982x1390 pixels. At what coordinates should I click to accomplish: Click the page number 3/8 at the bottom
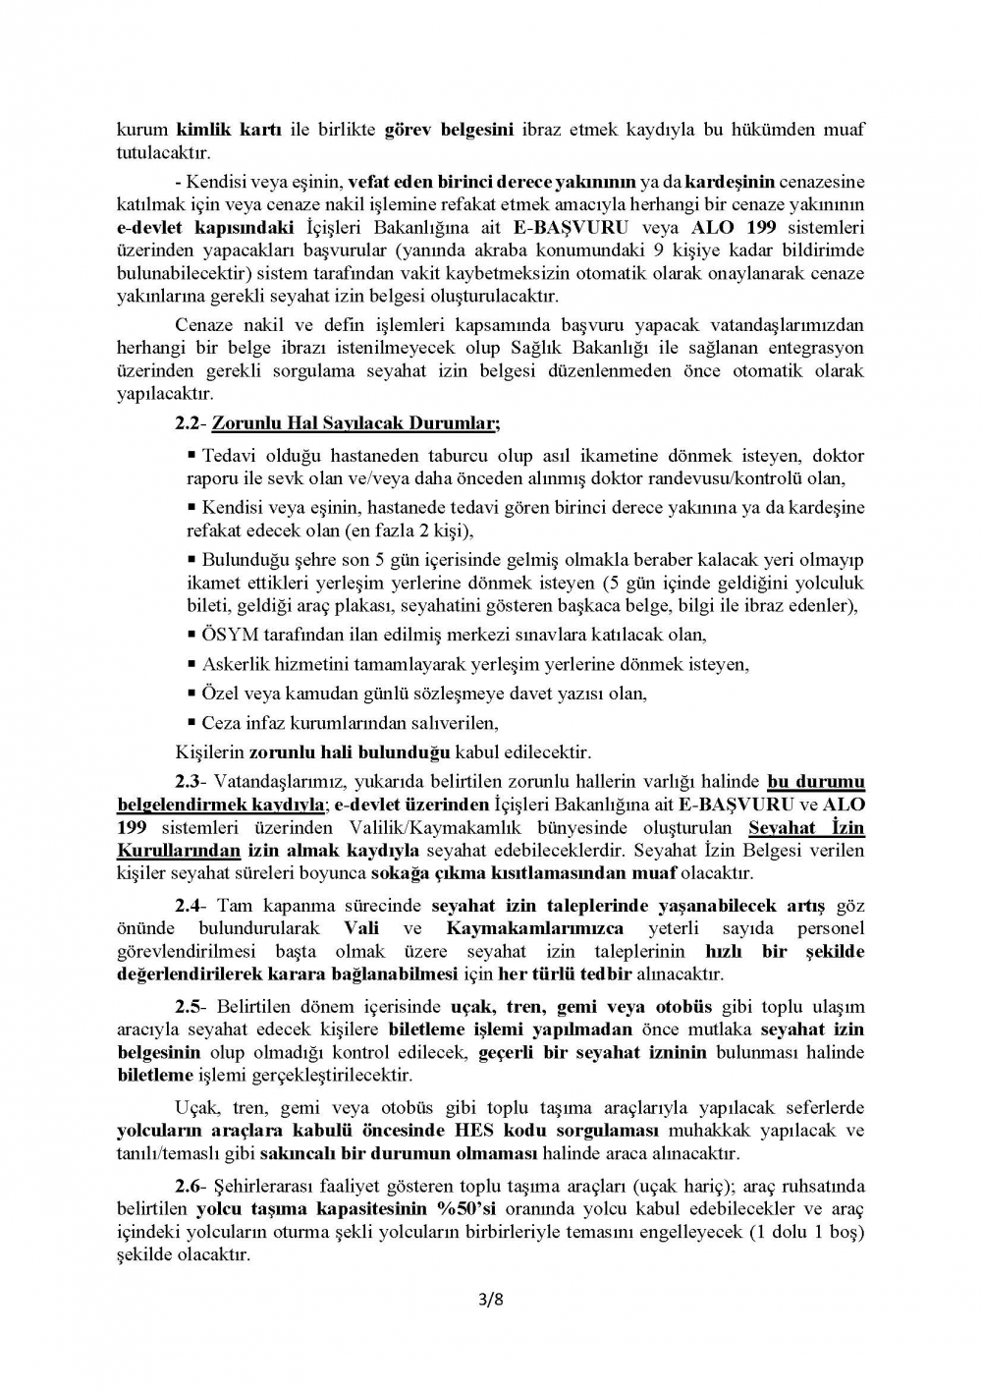pos(490,1302)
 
